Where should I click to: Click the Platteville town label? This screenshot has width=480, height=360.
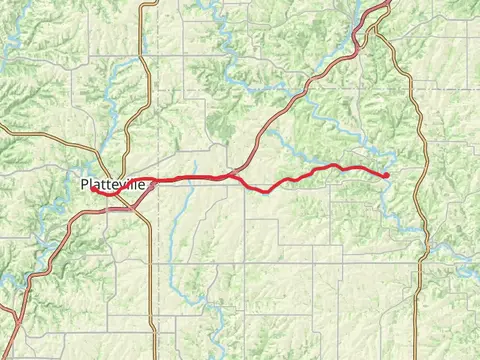pyautogui.click(x=112, y=185)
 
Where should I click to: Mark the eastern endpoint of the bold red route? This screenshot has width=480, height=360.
pyautogui.click(x=386, y=175)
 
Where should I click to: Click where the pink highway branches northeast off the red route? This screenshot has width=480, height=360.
pyautogui.click(x=233, y=176)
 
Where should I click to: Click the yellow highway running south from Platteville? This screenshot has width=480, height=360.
pyautogui.click(x=151, y=280)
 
